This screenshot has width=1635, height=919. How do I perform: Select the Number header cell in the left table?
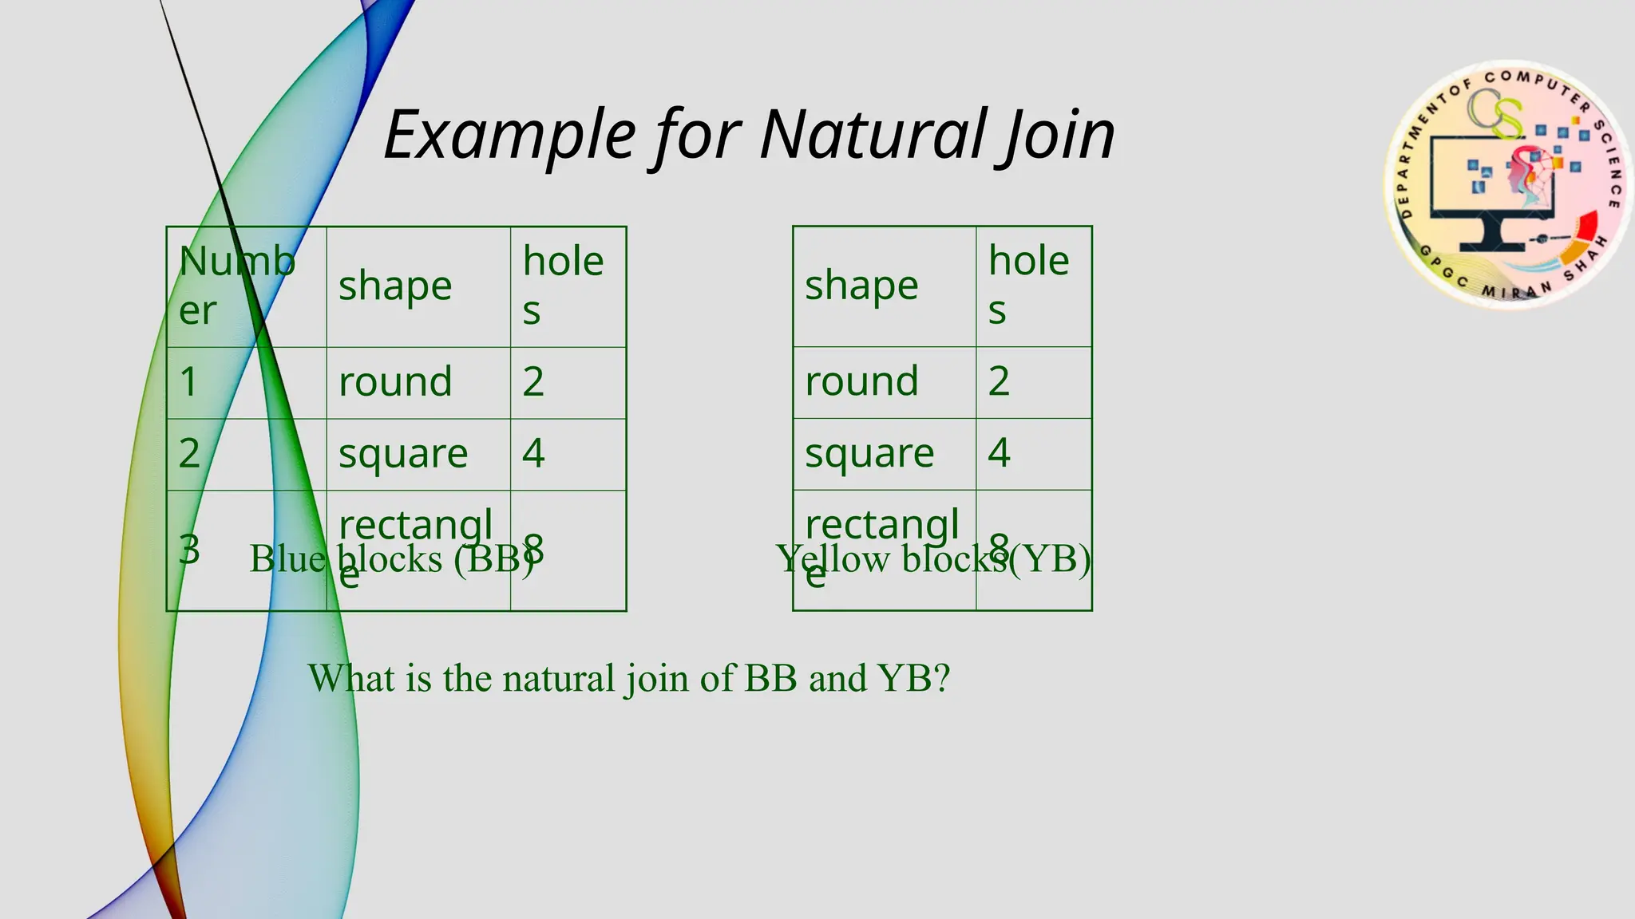click(237, 285)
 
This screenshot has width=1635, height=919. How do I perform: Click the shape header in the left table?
click(395, 286)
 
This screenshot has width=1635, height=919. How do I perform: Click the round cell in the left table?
click(395, 381)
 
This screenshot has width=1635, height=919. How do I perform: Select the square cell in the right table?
click(869, 453)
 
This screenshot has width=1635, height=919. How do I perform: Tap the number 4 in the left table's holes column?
click(533, 453)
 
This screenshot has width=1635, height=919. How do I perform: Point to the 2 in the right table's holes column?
click(999, 381)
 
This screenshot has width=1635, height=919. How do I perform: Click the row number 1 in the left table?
click(188, 381)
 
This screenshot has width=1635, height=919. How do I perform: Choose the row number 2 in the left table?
click(189, 453)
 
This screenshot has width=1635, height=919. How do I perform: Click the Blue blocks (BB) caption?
click(391, 559)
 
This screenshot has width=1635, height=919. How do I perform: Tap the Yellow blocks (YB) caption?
click(932, 559)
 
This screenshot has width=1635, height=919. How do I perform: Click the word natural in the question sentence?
click(558, 679)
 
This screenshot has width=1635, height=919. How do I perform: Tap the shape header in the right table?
click(861, 286)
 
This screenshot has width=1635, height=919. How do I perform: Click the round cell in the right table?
click(861, 381)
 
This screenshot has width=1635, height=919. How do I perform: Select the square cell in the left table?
click(403, 453)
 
